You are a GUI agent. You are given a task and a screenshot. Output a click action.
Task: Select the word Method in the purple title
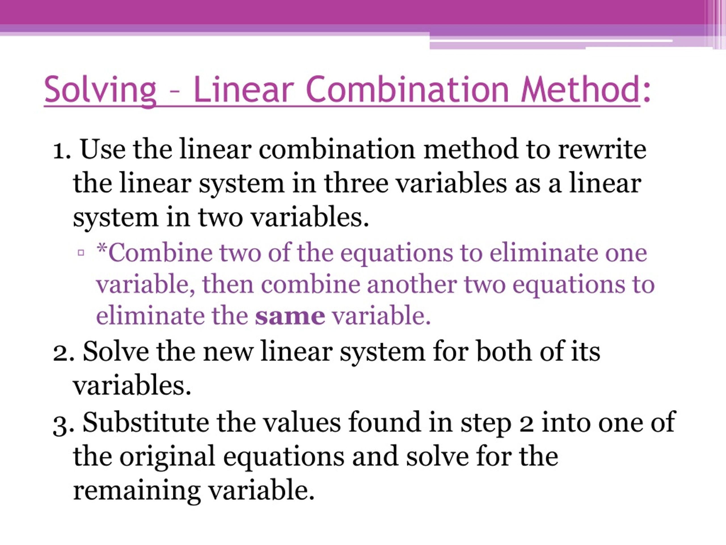(x=580, y=89)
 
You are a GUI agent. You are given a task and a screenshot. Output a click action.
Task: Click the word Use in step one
(x=103, y=150)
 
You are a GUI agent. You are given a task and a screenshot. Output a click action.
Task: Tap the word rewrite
(x=602, y=150)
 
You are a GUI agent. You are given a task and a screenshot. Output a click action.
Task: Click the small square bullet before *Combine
(x=81, y=253)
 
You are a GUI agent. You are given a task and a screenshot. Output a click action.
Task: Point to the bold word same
(x=290, y=316)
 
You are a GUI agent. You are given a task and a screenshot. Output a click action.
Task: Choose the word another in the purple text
(x=411, y=284)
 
